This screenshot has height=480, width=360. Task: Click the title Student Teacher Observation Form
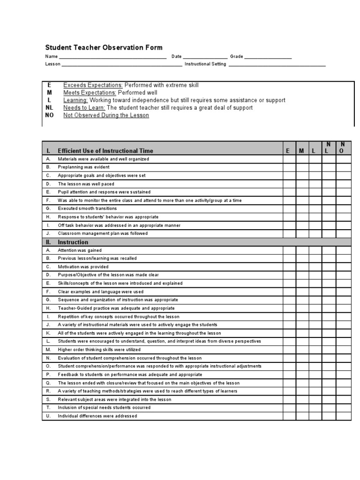pyautogui.click(x=104, y=47)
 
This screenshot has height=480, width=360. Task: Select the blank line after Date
pyautogui.click(x=205, y=57)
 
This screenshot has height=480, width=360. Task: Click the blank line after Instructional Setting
pyautogui.click(x=277, y=64)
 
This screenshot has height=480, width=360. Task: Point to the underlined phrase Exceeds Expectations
pyautogui.click(x=93, y=85)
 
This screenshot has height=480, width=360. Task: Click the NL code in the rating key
pyautogui.click(x=50, y=108)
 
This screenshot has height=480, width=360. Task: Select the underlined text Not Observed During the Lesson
pyautogui.click(x=106, y=115)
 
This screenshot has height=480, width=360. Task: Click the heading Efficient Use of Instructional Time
pyautogui.click(x=105, y=151)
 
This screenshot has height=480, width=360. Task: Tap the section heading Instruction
pyautogui.click(x=73, y=242)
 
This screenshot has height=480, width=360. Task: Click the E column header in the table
pyautogui.click(x=288, y=151)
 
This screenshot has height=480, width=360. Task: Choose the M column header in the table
pyautogui.click(x=302, y=151)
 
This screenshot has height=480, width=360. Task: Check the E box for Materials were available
pyautogui.click(x=289, y=159)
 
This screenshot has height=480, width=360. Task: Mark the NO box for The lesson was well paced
pyautogui.click(x=343, y=184)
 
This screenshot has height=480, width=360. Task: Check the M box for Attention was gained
pyautogui.click(x=302, y=250)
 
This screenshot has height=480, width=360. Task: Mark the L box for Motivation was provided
pyautogui.click(x=315, y=267)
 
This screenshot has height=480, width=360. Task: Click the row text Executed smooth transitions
pyautogui.click(x=87, y=209)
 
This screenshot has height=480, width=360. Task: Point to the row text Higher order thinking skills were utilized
pyautogui.click(x=99, y=350)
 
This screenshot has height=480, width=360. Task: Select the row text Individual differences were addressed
pyautogui.click(x=97, y=416)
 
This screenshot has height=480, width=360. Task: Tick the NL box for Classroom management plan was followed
pyautogui.click(x=329, y=233)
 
